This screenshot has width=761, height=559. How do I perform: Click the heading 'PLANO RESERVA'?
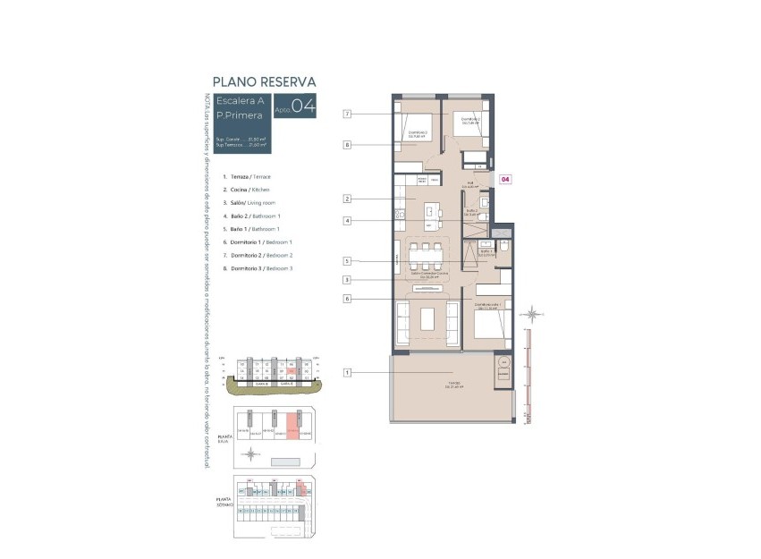pyautogui.click(x=264, y=81)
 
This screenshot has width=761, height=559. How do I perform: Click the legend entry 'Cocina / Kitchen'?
pyautogui.click(x=246, y=190)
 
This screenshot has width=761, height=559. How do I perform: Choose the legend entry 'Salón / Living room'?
pyautogui.click(x=251, y=203)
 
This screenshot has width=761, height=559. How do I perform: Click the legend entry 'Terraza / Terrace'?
pyautogui.click(x=247, y=177)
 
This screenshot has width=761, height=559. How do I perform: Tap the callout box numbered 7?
pyautogui.click(x=347, y=114)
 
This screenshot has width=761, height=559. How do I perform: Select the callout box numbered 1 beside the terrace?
pyautogui.click(x=347, y=372)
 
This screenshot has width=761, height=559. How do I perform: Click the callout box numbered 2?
pyautogui.click(x=347, y=199)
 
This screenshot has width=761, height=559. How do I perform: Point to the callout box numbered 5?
pyautogui.click(x=347, y=261)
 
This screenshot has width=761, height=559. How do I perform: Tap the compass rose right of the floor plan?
pyautogui.click(x=533, y=313)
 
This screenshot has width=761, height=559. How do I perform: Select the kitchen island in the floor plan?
pyautogui.click(x=432, y=212)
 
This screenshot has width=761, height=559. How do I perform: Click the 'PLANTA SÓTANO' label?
pyautogui.click(x=224, y=503)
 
